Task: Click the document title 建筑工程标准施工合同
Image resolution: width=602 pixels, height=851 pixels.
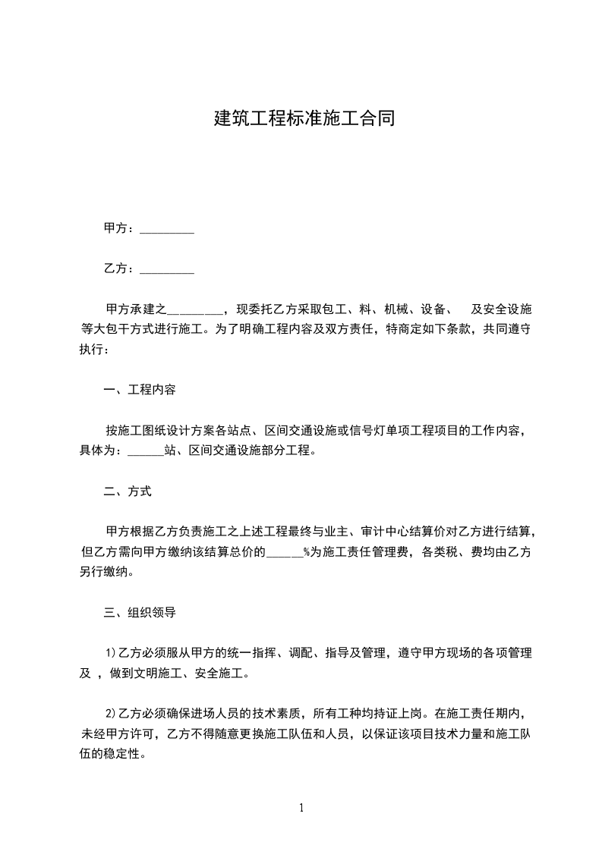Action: click(x=304, y=119)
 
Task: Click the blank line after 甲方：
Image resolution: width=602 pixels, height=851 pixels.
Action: click(x=167, y=229)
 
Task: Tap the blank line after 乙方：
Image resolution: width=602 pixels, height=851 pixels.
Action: click(x=167, y=269)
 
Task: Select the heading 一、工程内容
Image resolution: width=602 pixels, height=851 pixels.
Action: click(x=140, y=391)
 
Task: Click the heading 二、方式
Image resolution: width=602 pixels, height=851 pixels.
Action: click(x=128, y=491)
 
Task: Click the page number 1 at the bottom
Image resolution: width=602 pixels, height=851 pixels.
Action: click(x=301, y=808)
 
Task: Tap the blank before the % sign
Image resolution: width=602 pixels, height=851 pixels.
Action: click(x=284, y=553)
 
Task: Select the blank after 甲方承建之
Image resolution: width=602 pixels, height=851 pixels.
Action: click(x=194, y=309)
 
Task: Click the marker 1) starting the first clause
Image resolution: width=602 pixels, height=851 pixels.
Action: click(x=109, y=653)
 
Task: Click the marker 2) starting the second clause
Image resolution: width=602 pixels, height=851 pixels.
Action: click(x=109, y=714)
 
